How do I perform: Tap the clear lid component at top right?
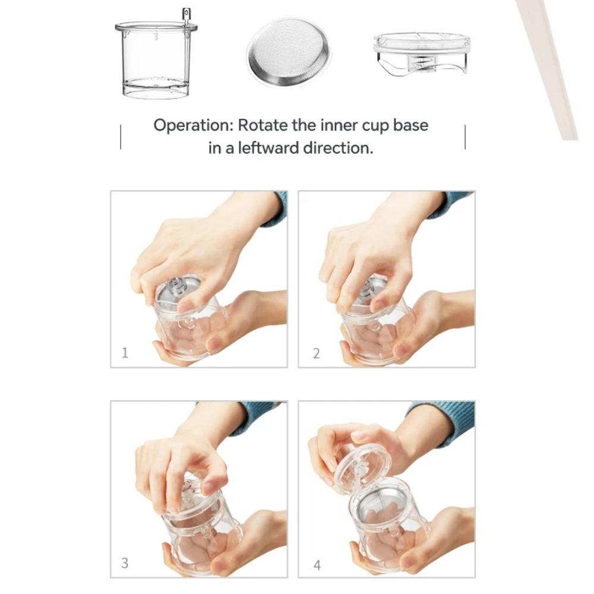coord(421,53)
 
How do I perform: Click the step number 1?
coord(125,353)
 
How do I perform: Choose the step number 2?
coord(316,353)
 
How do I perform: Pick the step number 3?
coord(125,563)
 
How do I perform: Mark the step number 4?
coord(317,564)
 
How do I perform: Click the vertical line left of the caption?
coord(121,137)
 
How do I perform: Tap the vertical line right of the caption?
coord(465,137)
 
